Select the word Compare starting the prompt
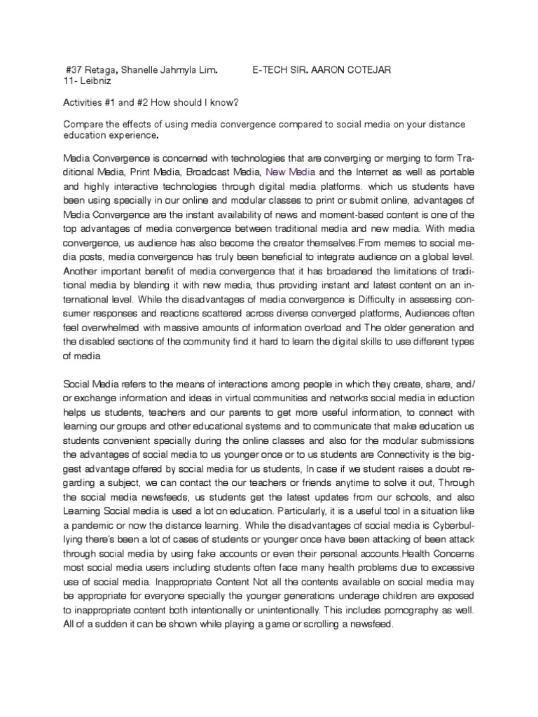coord(83,124)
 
